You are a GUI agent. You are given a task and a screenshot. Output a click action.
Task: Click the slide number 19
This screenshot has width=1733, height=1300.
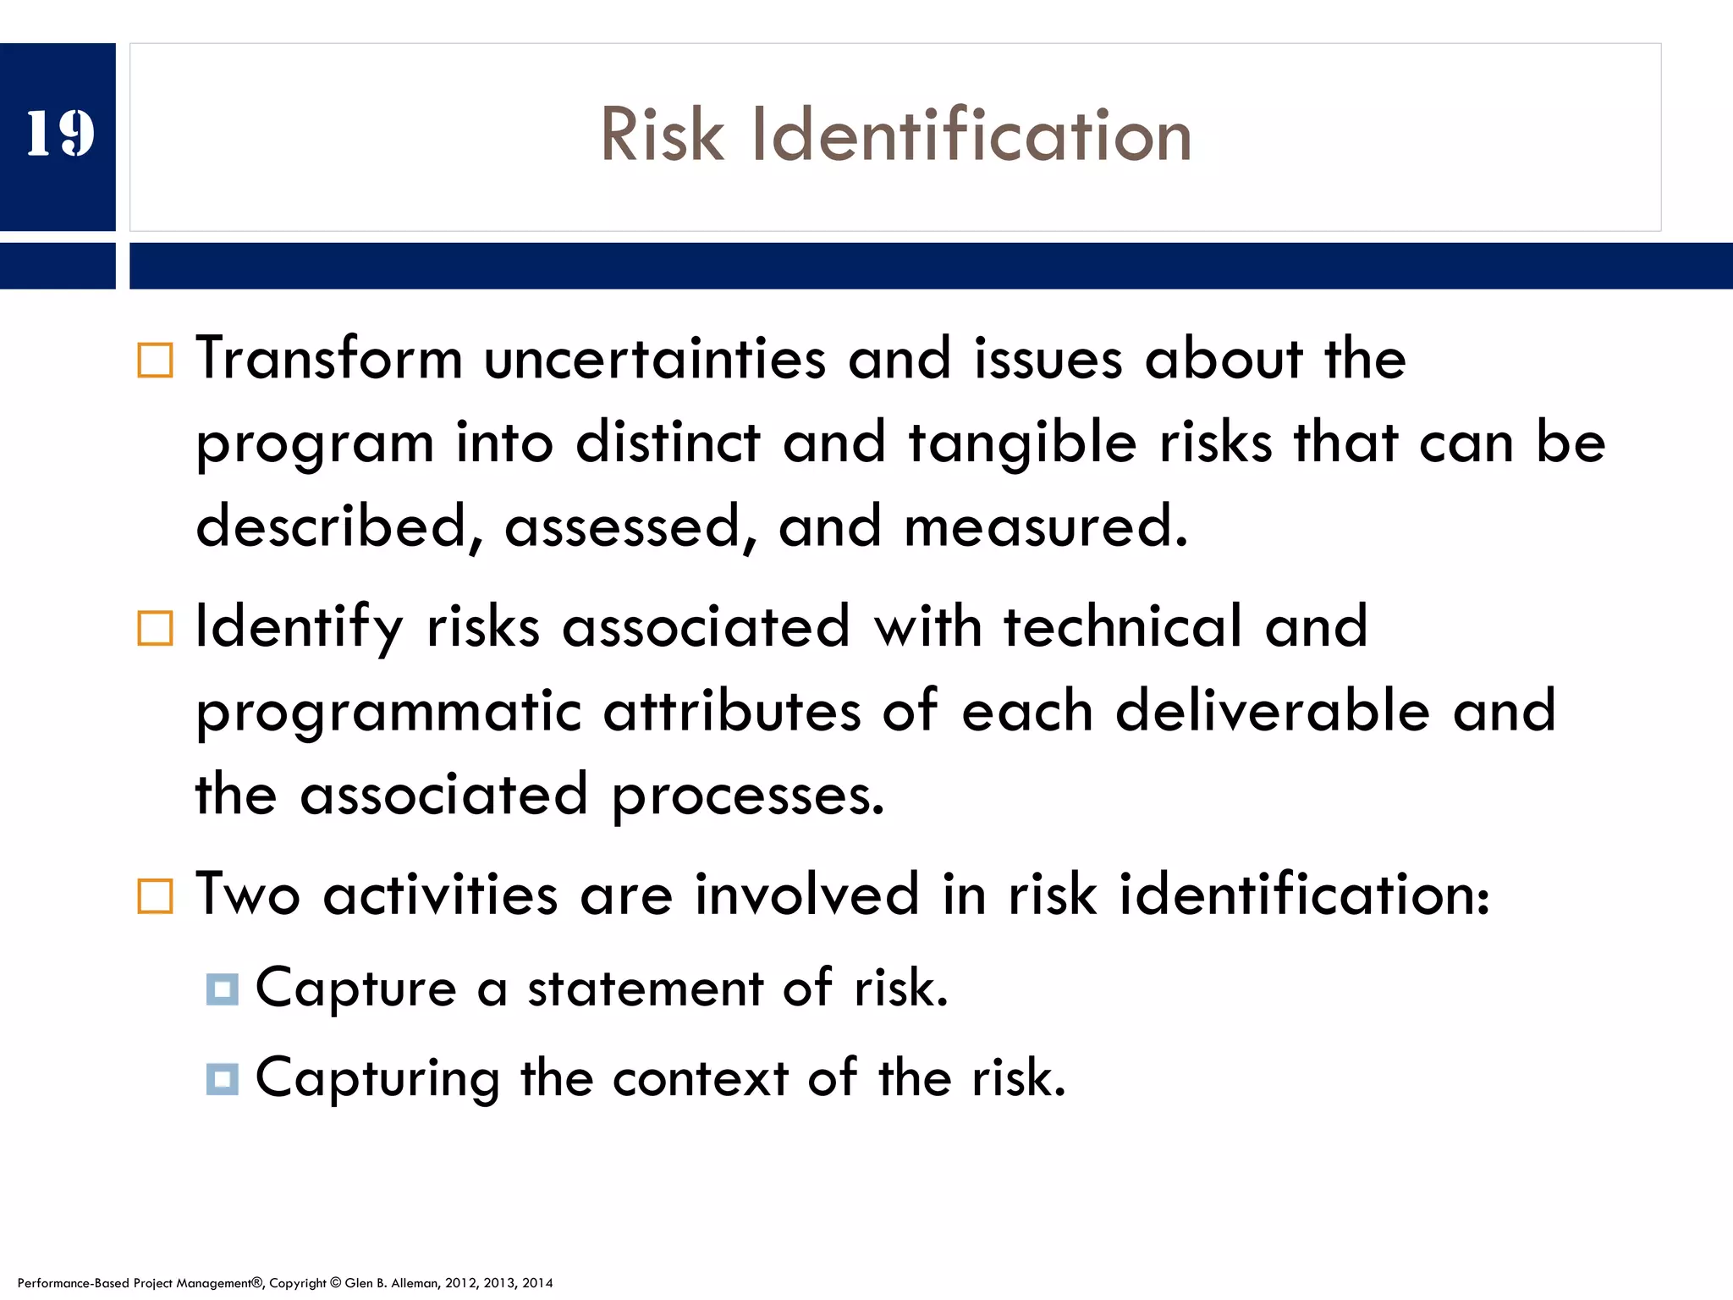coord(59,134)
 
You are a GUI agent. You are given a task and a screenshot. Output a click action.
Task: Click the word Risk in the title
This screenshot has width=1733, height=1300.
coord(662,135)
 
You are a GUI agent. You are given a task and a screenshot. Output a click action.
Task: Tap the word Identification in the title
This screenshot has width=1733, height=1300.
coord(971,135)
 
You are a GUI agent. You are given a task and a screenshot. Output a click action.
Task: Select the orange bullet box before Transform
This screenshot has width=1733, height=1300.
coord(155,361)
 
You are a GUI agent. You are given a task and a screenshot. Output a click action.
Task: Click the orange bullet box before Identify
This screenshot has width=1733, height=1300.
coord(155,629)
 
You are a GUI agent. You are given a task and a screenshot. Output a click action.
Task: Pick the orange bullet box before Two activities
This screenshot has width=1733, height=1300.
coord(155,896)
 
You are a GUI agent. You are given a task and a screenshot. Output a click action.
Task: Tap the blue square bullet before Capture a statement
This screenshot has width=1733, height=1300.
coord(222,989)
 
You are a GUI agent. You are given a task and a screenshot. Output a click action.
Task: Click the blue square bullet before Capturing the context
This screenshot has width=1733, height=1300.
coord(222,1079)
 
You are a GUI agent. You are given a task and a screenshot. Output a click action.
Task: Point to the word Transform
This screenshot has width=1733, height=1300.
coord(328,359)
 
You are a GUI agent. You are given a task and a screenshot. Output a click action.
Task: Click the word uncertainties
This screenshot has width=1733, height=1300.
coord(654,359)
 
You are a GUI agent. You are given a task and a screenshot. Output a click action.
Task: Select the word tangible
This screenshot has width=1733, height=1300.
coord(1022,443)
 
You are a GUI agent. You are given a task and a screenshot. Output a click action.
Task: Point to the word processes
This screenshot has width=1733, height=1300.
coord(748,796)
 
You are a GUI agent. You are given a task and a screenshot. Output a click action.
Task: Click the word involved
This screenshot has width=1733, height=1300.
coord(806,895)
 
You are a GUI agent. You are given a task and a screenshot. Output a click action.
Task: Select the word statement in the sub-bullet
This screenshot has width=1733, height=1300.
coord(645,989)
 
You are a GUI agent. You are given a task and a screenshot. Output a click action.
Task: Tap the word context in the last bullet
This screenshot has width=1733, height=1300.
coord(700,1078)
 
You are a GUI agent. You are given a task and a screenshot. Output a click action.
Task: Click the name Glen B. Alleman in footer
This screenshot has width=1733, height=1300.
coord(391,1283)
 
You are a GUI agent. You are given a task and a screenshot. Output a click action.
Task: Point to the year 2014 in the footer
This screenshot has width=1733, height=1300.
coord(537,1283)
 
